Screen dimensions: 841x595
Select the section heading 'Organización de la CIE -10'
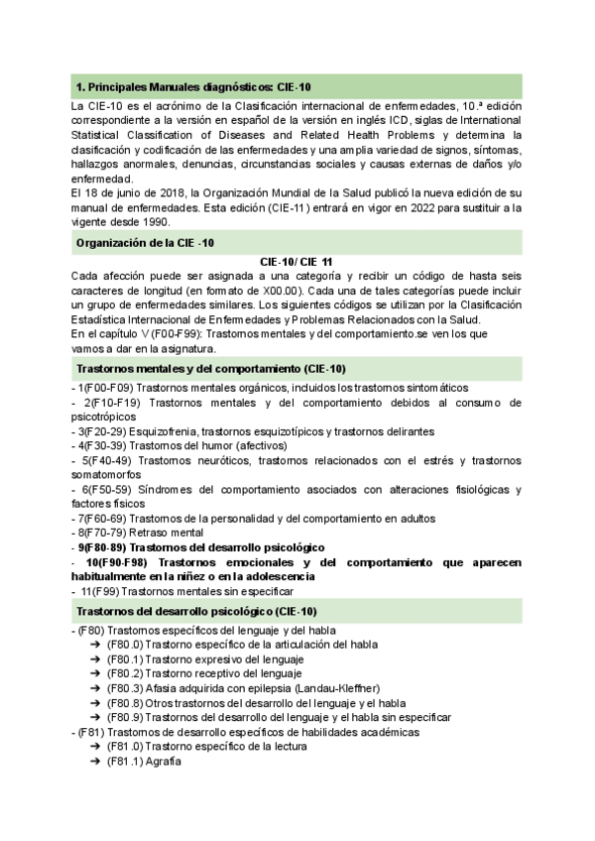145,243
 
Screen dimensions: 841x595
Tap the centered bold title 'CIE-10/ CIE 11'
297,261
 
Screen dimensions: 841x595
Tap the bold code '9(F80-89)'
103,547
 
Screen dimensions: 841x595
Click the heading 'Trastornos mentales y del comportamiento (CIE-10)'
210,369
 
